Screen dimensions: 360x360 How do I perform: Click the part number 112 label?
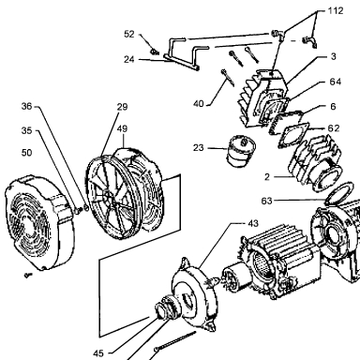click(336, 11)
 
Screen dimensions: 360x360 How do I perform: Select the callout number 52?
click(129, 34)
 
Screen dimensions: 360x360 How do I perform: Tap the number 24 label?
click(129, 59)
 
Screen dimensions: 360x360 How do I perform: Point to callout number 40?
click(199, 104)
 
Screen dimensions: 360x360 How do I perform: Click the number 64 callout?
click(336, 82)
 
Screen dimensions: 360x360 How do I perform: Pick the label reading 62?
click(334, 128)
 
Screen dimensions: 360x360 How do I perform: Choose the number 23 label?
click(199, 147)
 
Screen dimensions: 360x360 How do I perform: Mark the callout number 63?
click(266, 201)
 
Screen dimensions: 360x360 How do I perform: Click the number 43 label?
click(253, 223)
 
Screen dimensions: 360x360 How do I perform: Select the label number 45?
click(98, 353)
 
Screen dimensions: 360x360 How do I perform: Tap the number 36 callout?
click(26, 106)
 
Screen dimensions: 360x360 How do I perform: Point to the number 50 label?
click(26, 153)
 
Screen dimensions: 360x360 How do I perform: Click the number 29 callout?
click(122, 107)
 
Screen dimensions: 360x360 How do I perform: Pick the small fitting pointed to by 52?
click(155, 52)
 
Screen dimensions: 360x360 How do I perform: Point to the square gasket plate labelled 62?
click(294, 134)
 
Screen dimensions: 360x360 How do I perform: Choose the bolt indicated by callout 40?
click(228, 77)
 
